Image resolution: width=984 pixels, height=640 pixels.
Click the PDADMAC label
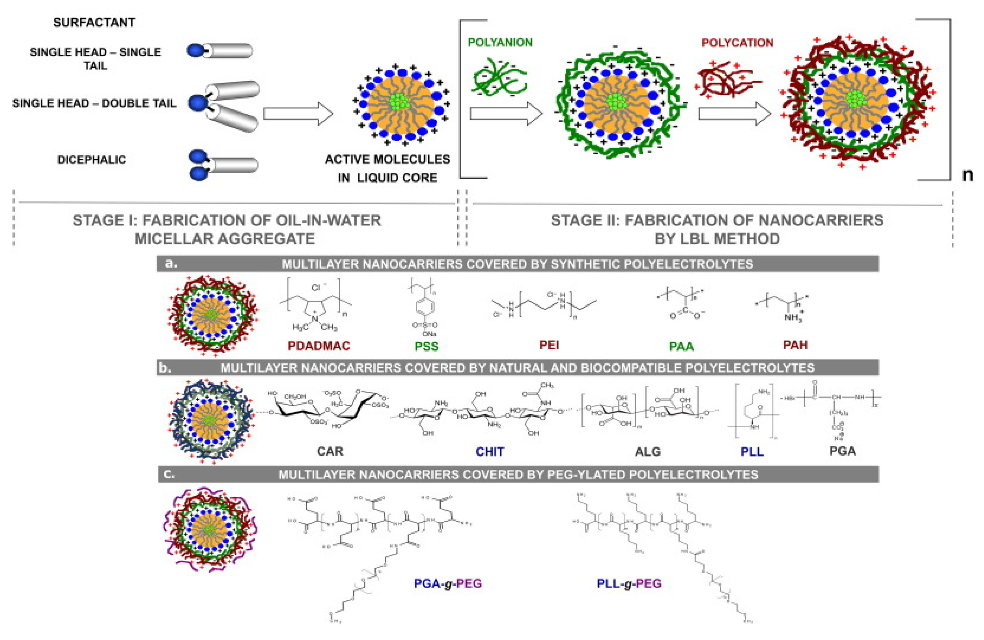318,345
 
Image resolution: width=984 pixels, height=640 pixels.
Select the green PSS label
426,346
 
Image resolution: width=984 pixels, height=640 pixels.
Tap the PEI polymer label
549,345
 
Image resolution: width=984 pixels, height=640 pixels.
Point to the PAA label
681,346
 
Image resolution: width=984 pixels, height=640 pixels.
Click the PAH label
795,345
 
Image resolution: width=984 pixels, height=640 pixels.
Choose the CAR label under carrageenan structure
330,451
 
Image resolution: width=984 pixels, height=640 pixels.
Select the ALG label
648,451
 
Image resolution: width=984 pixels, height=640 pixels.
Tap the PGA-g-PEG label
448,583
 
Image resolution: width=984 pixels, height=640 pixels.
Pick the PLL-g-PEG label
629,583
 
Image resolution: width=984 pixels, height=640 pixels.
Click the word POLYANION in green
500,42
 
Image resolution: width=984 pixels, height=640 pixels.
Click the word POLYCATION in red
737,43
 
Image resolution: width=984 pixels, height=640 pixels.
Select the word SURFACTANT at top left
94,22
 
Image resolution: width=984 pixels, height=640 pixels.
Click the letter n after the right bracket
967,175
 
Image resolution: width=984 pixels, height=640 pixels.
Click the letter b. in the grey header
165,367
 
